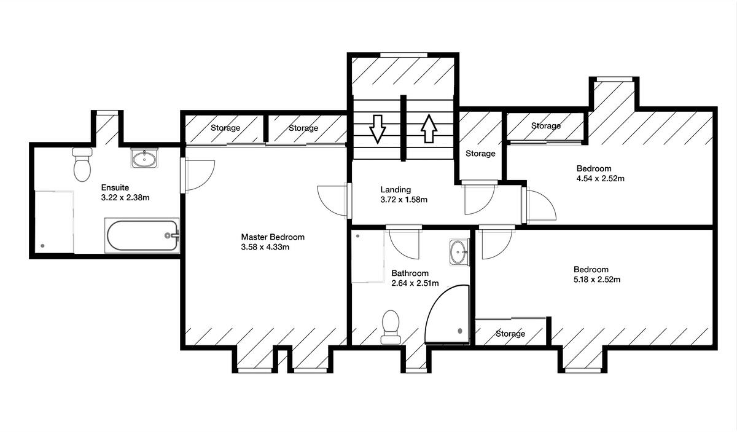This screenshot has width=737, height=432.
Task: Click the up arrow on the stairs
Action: tap(429, 130)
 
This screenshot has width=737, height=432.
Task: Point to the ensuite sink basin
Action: tap(144, 159)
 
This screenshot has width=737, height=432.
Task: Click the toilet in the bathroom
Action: tap(391, 326)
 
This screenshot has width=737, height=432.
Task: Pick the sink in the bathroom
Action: tap(458, 251)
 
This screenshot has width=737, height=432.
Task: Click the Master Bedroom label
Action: tap(272, 237)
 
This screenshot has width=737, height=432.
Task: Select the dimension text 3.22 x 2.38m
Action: tap(126, 198)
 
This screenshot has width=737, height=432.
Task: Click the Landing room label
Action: tap(396, 189)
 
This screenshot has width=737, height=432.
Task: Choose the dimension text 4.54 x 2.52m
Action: tap(600, 179)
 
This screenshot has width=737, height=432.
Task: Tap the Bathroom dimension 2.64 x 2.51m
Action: tap(415, 283)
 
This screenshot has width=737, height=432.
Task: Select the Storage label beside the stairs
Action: tap(480, 154)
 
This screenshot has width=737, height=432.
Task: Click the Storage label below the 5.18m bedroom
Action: tap(510, 334)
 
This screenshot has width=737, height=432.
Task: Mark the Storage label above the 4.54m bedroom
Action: tap(545, 126)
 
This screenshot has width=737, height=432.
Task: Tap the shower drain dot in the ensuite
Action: tap(42, 246)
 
